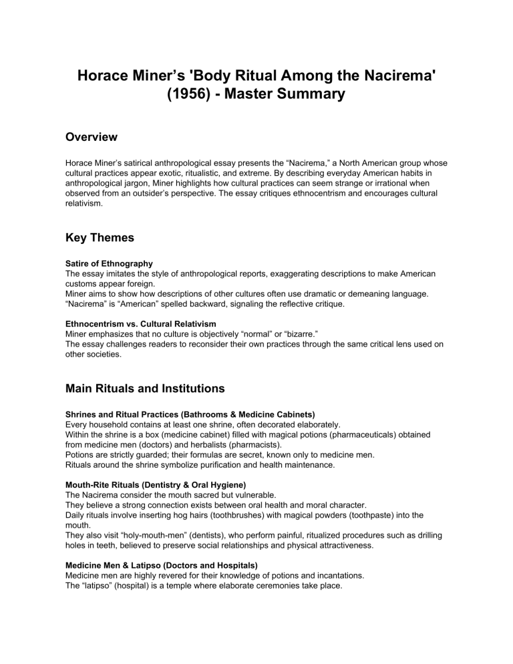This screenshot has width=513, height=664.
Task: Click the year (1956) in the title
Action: (188, 94)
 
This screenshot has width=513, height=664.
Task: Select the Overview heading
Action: (92, 137)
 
